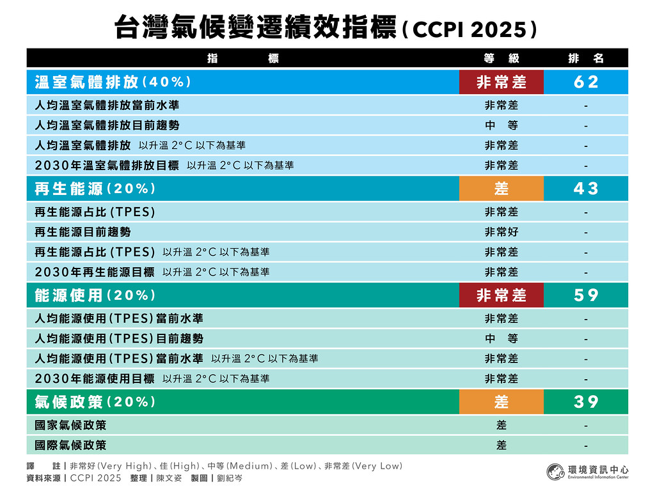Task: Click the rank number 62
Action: click(586, 82)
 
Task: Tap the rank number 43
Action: click(586, 189)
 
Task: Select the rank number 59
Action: click(586, 295)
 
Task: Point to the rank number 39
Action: click(586, 401)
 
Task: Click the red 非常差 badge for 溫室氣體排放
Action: click(501, 82)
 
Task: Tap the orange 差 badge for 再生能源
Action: click(501, 189)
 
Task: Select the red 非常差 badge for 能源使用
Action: click(501, 295)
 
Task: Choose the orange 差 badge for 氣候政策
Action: click(501, 401)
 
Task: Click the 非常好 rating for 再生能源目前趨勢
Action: click(501, 232)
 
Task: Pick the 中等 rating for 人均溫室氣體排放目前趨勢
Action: click(501, 125)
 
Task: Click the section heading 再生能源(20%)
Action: click(95, 189)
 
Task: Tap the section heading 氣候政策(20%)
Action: click(95, 401)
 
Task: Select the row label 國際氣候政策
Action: click(70, 445)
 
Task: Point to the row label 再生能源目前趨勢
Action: click(83, 232)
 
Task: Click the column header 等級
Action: click(501, 58)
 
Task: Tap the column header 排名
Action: click(586, 58)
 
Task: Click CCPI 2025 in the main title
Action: click(470, 29)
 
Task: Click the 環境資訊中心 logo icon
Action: click(556, 472)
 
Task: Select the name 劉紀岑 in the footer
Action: click(230, 478)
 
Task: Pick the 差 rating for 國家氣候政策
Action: click(501, 425)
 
